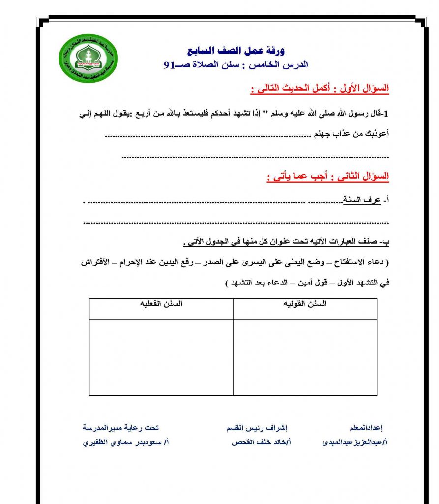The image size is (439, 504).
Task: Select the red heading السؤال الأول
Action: click(x=365, y=89)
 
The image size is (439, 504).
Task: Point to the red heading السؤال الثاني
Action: click(x=365, y=176)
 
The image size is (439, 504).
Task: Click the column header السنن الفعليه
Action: click(x=161, y=304)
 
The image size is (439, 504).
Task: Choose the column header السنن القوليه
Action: click(x=305, y=304)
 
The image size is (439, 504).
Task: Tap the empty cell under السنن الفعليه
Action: click(x=161, y=356)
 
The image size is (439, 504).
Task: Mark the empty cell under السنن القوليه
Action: click(x=305, y=356)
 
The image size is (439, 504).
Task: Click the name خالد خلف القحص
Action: click(x=261, y=442)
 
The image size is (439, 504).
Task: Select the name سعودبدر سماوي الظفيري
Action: click(x=126, y=442)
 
